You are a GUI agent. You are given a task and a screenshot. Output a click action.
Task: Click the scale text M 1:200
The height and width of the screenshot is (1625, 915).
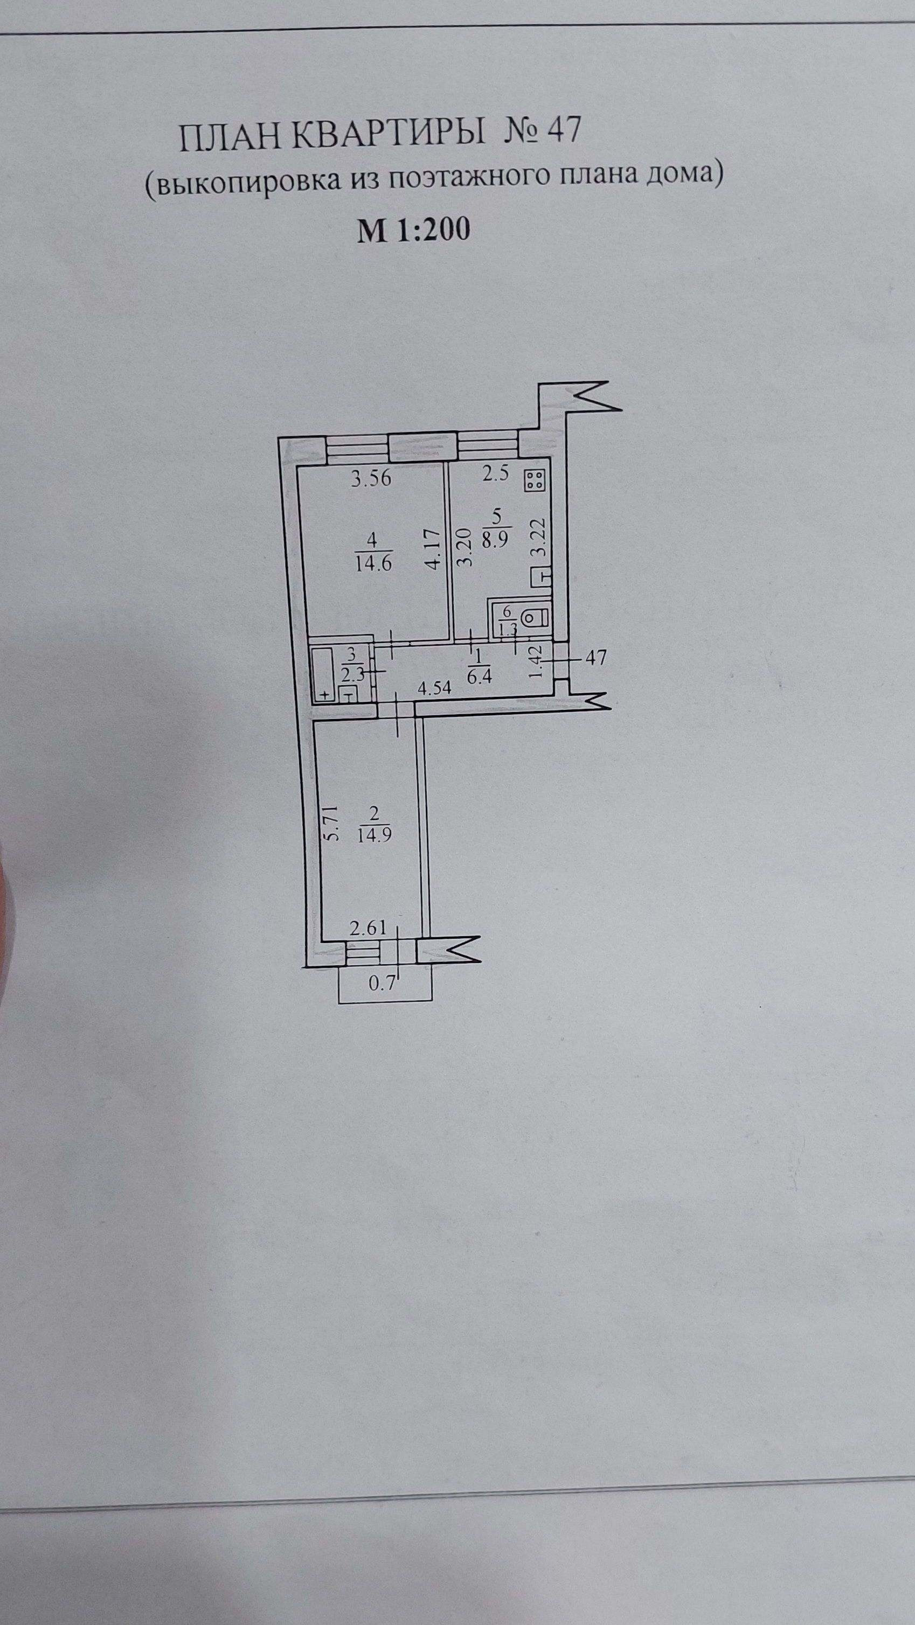[413, 231]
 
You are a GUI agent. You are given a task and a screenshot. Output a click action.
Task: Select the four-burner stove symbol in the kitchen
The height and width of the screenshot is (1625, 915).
[536, 480]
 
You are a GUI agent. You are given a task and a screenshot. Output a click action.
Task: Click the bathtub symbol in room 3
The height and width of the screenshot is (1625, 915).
[324, 673]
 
